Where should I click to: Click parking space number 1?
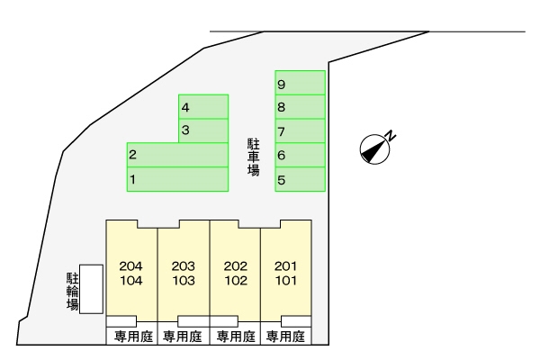point(177,179)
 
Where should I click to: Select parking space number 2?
point(177,155)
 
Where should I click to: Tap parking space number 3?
point(203,130)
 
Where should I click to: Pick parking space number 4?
point(203,107)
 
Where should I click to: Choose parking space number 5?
point(300,180)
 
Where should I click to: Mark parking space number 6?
point(300,156)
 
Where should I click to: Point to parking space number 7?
point(300,131)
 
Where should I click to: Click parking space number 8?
point(300,107)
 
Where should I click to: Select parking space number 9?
point(300,84)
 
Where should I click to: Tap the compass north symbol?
point(374,148)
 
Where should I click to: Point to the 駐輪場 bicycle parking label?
point(72,290)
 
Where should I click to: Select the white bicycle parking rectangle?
point(91,290)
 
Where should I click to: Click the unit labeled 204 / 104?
point(131,272)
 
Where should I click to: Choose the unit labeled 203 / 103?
point(184,272)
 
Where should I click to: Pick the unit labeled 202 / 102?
point(236,272)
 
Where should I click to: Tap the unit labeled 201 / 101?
point(285,272)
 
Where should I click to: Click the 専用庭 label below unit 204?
point(133,337)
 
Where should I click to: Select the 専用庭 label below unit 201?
point(285,337)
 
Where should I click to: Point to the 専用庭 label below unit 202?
point(236,337)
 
